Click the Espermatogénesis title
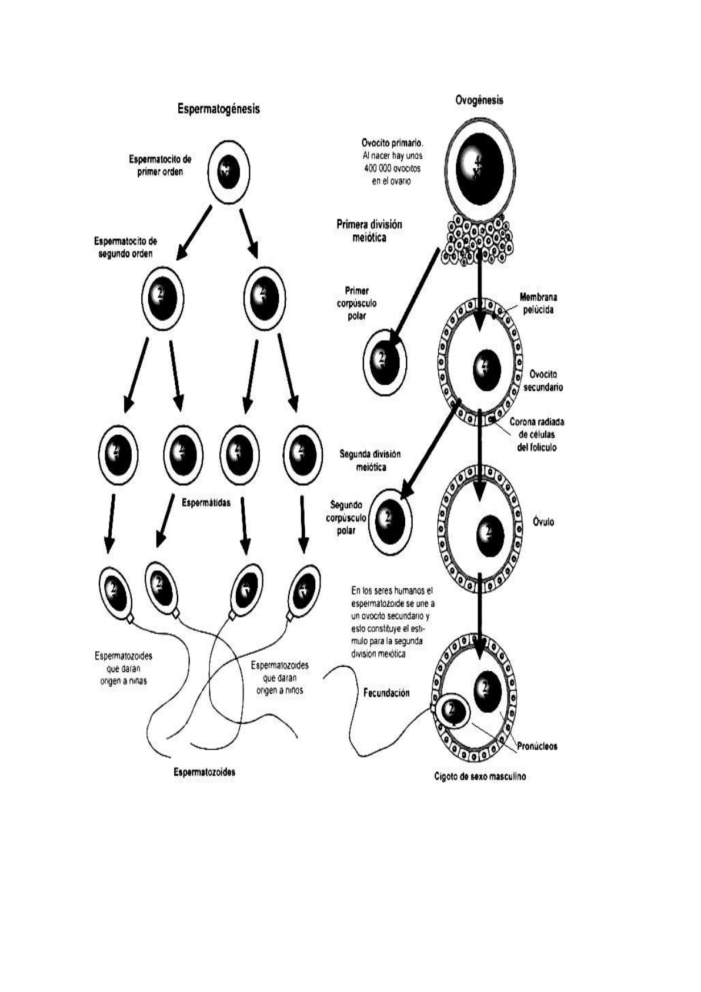click(x=219, y=109)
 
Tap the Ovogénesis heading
click(x=479, y=100)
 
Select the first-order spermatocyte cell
click(x=228, y=172)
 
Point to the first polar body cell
click(x=385, y=361)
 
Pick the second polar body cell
click(x=390, y=520)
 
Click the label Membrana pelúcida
click(x=538, y=304)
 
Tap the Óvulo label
click(x=543, y=522)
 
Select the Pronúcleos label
click(x=538, y=746)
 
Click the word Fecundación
click(x=386, y=693)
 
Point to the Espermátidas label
click(x=206, y=502)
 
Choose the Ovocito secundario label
click(x=543, y=381)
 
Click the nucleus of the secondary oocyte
click(x=486, y=369)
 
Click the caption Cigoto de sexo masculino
click(x=480, y=776)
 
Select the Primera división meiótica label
click(x=369, y=231)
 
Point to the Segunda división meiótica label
click(x=370, y=461)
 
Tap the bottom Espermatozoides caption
click(x=204, y=772)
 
